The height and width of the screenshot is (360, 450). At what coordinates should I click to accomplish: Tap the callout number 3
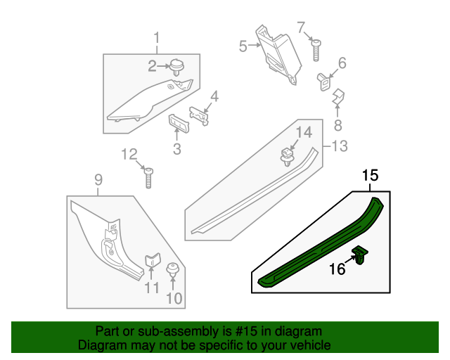(176, 148)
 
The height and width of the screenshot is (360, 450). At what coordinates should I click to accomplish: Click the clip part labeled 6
(325, 80)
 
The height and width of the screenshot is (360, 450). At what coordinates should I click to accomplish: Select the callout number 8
(338, 126)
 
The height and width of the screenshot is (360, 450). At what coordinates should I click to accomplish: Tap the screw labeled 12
(149, 176)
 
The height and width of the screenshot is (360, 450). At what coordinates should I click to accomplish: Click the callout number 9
(98, 184)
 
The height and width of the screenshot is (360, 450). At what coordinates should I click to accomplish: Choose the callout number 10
(174, 298)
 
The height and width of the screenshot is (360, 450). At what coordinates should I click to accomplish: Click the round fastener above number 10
(172, 270)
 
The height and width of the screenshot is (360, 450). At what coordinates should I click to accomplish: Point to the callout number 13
(340, 146)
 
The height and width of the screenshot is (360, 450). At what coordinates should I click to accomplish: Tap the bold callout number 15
(371, 176)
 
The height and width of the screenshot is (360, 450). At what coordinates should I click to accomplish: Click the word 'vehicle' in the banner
(311, 345)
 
